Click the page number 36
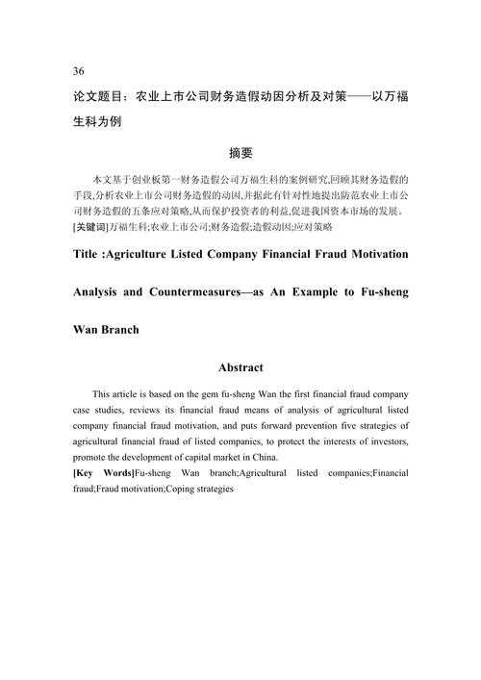pos(78,71)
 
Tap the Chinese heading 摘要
pos(240,153)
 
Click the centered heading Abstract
pos(240,367)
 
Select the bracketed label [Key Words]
pos(103,473)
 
